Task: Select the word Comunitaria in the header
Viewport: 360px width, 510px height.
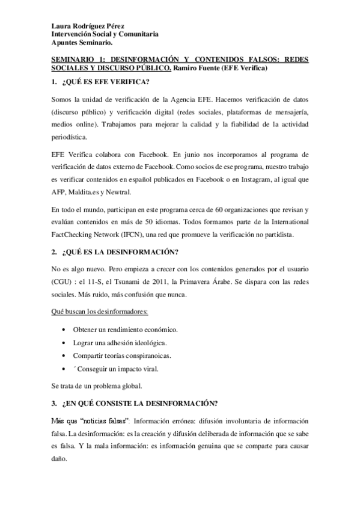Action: coord(138,35)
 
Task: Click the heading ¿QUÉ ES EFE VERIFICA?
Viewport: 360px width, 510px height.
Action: coord(103,82)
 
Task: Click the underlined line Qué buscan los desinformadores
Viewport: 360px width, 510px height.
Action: coord(99,312)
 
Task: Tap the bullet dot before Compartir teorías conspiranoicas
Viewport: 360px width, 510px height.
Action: coord(64,355)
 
